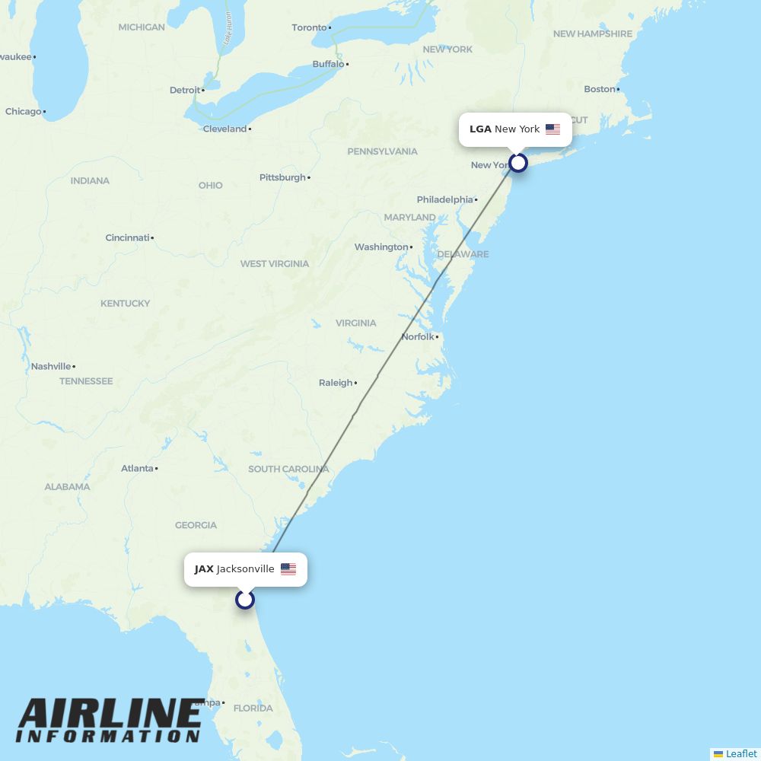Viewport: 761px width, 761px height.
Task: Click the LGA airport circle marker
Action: [x=518, y=163]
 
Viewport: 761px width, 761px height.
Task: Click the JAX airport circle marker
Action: [x=244, y=600]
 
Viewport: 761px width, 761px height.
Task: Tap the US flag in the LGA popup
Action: [x=552, y=129]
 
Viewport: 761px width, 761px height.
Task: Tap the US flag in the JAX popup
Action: [x=288, y=569]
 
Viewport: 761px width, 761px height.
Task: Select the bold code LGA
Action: [x=480, y=129]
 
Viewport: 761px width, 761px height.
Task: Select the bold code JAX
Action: [x=204, y=569]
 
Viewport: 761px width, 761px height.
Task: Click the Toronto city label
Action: [x=309, y=28]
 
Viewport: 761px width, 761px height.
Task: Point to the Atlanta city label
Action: [x=137, y=469]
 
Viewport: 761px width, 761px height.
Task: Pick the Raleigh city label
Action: [x=336, y=383]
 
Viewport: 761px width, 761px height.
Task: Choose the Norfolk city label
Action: [x=418, y=337]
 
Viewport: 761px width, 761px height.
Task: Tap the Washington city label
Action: [x=380, y=247]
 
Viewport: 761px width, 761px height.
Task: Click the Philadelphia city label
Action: [x=444, y=200]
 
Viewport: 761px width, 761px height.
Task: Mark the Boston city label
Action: [x=599, y=90]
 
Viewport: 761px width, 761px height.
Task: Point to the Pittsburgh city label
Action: [x=282, y=178]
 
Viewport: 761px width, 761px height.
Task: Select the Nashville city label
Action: [x=50, y=367]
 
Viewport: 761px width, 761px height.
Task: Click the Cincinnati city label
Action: [x=127, y=238]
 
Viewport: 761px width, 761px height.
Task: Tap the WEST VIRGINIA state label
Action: [x=275, y=264]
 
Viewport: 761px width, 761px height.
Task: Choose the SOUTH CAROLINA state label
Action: [x=288, y=470]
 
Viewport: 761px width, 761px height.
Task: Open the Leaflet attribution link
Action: [x=740, y=754]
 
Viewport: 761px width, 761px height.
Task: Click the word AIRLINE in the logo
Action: [x=110, y=715]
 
